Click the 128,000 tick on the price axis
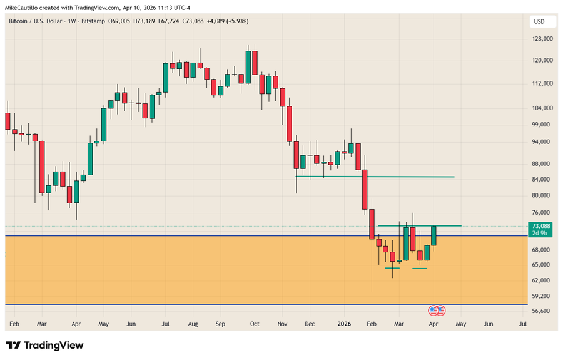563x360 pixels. point(541,39)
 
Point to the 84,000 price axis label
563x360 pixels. point(541,180)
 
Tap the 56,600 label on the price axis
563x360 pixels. point(541,311)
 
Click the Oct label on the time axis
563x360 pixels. point(255,324)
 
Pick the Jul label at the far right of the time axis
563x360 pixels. point(523,324)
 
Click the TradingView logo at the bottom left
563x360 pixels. point(44,346)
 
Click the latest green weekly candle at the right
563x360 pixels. point(434,235)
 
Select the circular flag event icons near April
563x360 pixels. point(436,310)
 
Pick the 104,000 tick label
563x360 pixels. point(541,108)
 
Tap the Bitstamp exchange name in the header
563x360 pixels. point(92,22)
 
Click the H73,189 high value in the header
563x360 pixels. point(145,22)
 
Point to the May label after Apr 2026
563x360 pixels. point(460,324)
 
